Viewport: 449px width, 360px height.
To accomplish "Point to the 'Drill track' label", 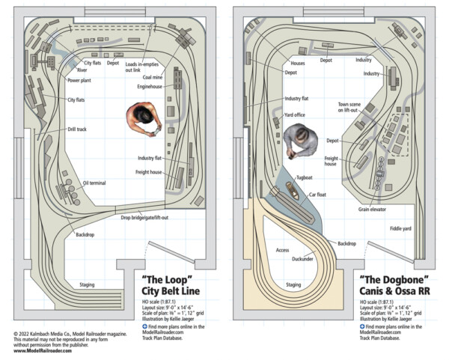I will coord(77,129).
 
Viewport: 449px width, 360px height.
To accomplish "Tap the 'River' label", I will coord(82,70).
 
